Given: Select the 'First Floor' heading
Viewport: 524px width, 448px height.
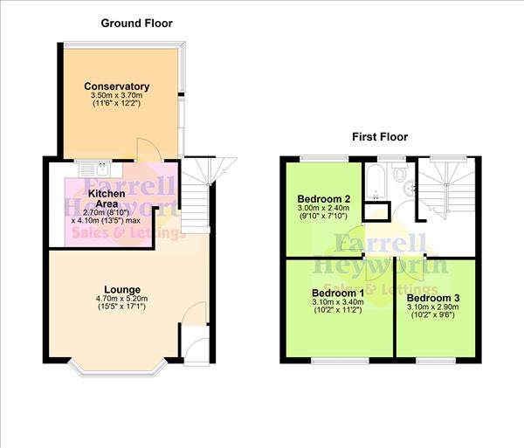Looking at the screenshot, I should [380, 136].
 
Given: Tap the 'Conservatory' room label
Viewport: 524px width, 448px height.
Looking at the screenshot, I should [116, 86].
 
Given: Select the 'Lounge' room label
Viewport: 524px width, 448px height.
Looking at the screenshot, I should [122, 289].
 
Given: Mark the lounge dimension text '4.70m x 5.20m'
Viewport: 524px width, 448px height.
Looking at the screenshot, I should [122, 299].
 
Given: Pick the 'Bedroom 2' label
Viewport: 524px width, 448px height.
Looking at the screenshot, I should [323, 197].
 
